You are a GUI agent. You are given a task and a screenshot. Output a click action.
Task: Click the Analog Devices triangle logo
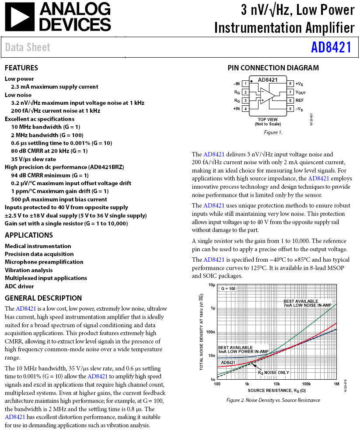coord(18,17)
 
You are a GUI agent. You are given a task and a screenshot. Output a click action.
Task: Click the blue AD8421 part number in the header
coord(331,47)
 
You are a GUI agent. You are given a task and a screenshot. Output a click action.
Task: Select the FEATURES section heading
coord(21,68)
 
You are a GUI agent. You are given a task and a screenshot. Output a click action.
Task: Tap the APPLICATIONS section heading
coord(29,235)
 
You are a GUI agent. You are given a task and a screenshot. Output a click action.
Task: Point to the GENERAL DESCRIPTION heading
coord(43,298)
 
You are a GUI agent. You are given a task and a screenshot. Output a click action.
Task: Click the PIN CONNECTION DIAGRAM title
coord(273,68)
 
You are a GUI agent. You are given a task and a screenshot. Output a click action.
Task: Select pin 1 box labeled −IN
coord(246,83)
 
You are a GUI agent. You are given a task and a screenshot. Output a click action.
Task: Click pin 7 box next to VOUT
coord(290,92)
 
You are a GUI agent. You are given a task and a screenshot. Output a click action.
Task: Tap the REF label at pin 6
coord(299,100)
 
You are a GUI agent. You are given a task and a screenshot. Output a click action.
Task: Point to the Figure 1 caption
coord(273,132)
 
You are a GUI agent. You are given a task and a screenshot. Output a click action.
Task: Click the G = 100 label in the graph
coord(228,289)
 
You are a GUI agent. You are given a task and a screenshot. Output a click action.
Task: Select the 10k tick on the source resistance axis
coord(277,384)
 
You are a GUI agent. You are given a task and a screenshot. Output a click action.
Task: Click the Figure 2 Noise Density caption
coord(273,400)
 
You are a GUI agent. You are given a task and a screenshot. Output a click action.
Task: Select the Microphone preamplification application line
coord(44,262)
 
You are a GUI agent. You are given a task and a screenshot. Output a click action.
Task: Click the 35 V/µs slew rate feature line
coord(34,159)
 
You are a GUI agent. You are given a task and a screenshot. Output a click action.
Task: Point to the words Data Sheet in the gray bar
coord(28,47)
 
